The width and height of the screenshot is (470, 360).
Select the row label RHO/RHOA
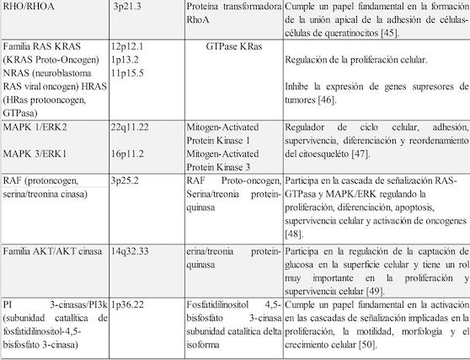(29, 7)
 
